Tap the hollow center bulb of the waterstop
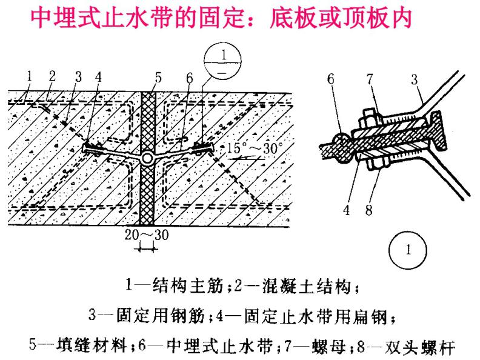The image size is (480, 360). (x=147, y=158)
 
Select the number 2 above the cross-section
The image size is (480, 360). (x=52, y=77)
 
